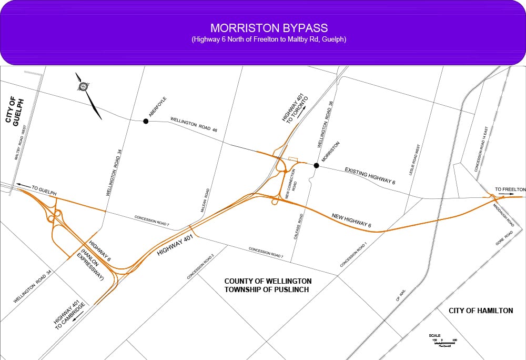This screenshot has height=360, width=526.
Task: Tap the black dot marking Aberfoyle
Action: (146, 121)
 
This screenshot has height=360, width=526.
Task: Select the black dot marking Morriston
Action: (316, 165)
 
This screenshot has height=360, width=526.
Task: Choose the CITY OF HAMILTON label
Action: (481, 311)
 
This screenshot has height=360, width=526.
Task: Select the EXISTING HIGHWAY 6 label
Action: (370, 175)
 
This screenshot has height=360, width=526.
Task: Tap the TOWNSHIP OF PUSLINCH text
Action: (268, 290)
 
